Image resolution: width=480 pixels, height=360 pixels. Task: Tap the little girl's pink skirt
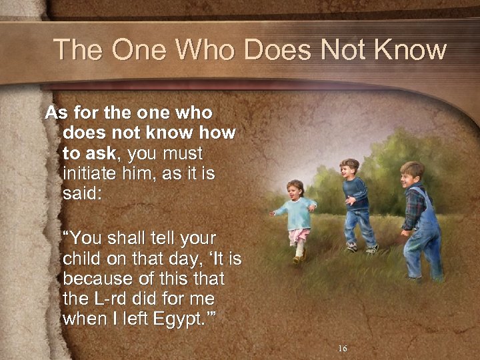pyautogui.click(x=300, y=235)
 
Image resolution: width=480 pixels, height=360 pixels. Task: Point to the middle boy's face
pyautogui.click(x=349, y=169)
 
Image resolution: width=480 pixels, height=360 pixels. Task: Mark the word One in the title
pyautogui.click(x=134, y=49)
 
